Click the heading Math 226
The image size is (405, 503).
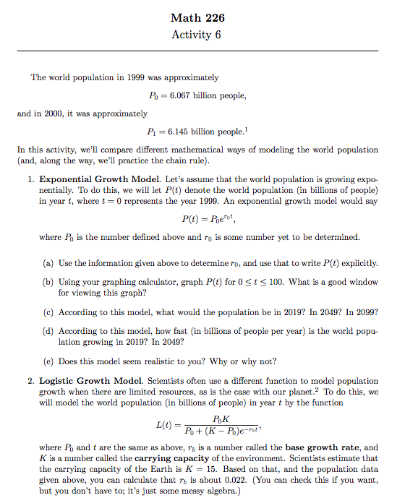(202, 18)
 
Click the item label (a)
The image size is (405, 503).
(45, 263)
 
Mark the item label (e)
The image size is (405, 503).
(45, 361)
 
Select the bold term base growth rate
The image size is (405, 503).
(321, 447)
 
